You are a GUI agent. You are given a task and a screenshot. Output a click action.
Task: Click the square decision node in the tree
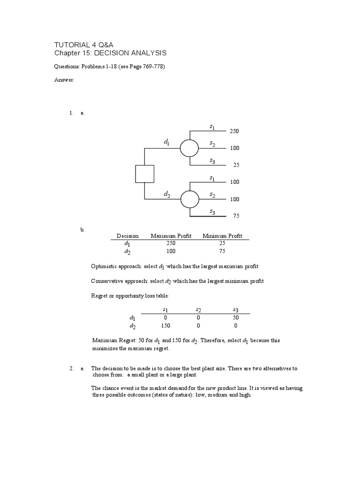click(144, 174)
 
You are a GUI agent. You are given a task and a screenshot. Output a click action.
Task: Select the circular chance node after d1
click(190, 148)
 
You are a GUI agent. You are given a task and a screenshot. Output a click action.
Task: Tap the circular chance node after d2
click(190, 199)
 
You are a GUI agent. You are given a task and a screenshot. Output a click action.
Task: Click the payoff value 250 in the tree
click(234, 131)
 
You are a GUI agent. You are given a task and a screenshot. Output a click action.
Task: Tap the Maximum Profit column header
click(171, 236)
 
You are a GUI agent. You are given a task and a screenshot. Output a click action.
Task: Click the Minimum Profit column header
click(222, 236)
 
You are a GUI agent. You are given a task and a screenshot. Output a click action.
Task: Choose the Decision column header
click(127, 236)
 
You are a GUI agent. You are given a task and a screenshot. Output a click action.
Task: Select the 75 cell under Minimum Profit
click(222, 251)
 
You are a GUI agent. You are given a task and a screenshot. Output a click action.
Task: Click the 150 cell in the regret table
click(165, 325)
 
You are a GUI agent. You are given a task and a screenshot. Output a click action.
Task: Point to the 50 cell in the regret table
click(235, 317)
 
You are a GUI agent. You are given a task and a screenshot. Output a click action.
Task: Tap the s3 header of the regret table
click(235, 309)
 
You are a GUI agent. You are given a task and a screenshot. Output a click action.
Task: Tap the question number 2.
click(71, 368)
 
